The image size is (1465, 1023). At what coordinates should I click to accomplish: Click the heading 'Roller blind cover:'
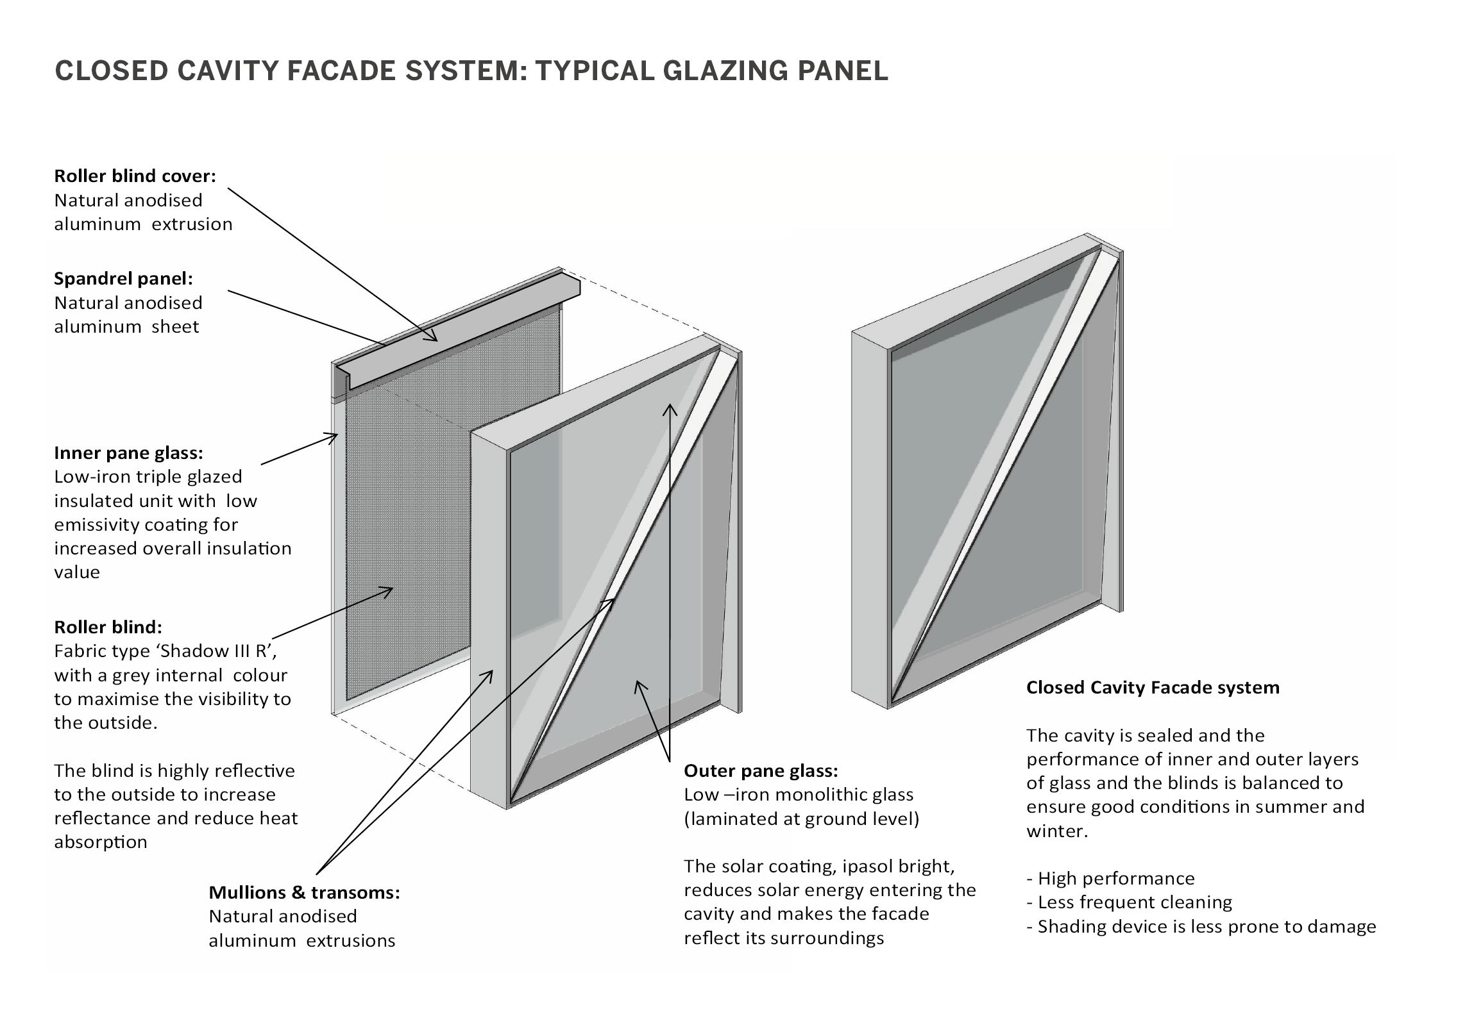tap(135, 176)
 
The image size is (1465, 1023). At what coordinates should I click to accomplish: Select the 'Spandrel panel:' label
tap(123, 279)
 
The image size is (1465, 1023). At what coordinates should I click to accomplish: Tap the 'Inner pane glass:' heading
tap(128, 453)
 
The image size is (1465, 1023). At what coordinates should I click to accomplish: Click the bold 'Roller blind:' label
tap(108, 627)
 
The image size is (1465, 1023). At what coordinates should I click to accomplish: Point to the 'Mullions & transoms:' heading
tap(304, 893)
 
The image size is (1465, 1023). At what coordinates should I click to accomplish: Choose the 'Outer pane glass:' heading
tap(761, 770)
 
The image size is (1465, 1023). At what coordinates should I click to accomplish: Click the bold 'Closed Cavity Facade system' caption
tap(1153, 688)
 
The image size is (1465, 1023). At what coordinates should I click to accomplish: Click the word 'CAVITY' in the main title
tap(227, 71)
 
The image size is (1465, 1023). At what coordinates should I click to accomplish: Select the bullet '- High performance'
tap(1110, 879)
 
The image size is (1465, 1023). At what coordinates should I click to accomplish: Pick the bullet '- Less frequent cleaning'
tap(1129, 902)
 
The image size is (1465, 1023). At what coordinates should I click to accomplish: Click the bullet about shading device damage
tap(1201, 927)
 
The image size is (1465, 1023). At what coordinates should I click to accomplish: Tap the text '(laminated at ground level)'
tap(801, 819)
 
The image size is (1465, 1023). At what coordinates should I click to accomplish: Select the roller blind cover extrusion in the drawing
tap(462, 333)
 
